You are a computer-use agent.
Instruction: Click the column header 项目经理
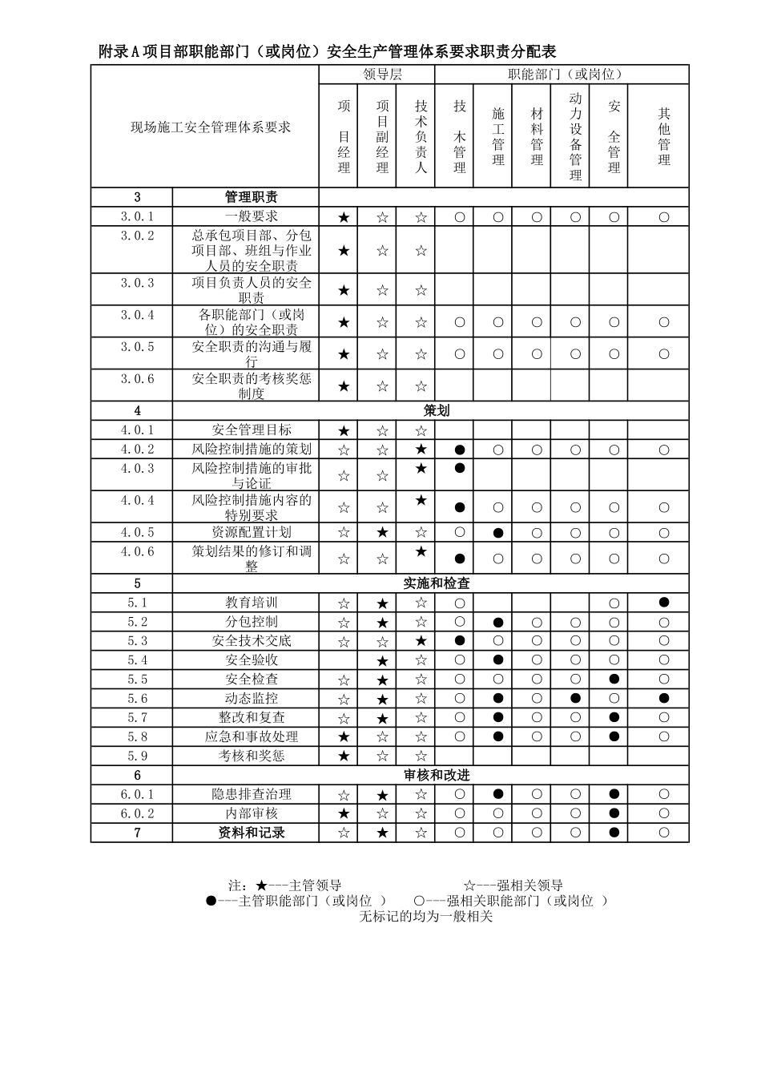tap(344, 136)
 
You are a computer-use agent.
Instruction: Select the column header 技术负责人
tap(421, 136)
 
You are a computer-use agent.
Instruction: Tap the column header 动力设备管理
tap(575, 136)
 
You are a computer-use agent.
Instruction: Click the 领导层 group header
tap(382, 75)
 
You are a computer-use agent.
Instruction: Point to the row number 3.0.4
tap(137, 315)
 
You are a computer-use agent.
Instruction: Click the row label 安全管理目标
tap(252, 430)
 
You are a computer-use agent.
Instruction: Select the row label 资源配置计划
tap(252, 533)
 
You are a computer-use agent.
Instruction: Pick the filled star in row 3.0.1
tap(344, 217)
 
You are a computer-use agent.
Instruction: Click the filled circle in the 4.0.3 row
tap(460, 468)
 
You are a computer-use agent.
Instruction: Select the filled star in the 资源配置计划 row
tap(382, 533)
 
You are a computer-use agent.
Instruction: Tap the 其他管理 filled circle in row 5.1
tap(663, 603)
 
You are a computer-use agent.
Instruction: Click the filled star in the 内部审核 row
tap(344, 813)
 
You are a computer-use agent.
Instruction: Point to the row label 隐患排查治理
tap(252, 794)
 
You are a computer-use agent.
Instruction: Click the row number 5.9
tap(137, 756)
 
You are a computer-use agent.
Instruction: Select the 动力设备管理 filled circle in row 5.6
tap(575, 699)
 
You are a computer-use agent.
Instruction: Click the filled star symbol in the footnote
tap(261, 885)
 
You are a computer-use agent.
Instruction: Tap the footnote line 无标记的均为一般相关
tap(425, 916)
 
